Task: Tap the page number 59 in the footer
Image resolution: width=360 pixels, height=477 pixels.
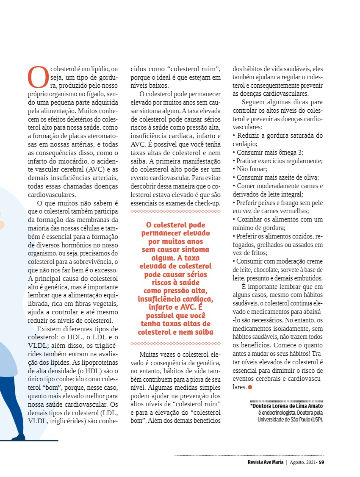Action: tap(321, 462)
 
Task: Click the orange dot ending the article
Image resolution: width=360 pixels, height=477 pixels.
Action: tap(250, 387)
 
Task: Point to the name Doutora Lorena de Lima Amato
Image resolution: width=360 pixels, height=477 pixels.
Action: tap(287, 406)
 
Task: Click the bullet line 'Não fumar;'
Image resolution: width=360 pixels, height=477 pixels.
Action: tap(250, 169)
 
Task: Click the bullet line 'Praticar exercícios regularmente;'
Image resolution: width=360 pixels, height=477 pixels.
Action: tap(278, 161)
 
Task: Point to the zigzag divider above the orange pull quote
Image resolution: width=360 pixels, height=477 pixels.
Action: tap(175, 211)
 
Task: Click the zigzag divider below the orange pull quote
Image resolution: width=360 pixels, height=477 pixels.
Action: tap(175, 343)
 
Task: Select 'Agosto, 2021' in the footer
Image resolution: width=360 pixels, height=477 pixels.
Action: tap(301, 462)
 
